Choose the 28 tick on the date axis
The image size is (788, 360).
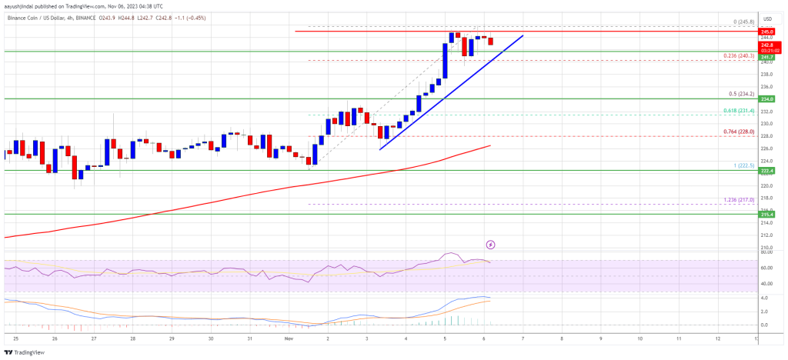click(133, 338)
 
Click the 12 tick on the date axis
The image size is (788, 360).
click(717, 338)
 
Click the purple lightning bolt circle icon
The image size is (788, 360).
click(490, 245)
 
